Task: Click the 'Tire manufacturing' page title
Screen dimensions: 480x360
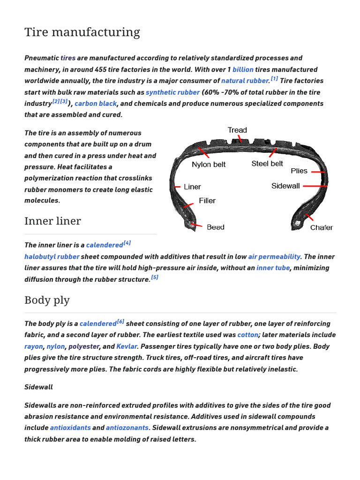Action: click(82, 32)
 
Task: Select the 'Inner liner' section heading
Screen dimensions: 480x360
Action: click(52, 221)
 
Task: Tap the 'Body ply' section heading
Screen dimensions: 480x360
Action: click(47, 300)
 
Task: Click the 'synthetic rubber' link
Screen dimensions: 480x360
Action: click(172, 92)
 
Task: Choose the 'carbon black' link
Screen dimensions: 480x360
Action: click(96, 104)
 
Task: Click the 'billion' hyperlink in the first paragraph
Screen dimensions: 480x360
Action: click(243, 69)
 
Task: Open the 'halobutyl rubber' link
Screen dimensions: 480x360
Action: click(52, 257)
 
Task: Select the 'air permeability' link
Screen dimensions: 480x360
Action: click(274, 257)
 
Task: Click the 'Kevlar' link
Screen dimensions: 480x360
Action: click(127, 346)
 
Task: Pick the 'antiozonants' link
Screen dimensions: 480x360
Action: click(127, 428)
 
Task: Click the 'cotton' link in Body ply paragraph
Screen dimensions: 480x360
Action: click(247, 335)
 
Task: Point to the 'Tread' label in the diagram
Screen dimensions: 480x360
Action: click(237, 130)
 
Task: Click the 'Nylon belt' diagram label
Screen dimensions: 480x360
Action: click(209, 165)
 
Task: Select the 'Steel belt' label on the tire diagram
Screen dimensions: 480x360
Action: click(267, 164)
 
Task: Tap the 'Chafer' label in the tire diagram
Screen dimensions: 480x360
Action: click(321, 228)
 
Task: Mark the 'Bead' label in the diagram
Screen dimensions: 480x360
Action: click(215, 227)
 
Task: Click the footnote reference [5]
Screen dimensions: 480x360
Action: click(155, 277)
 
